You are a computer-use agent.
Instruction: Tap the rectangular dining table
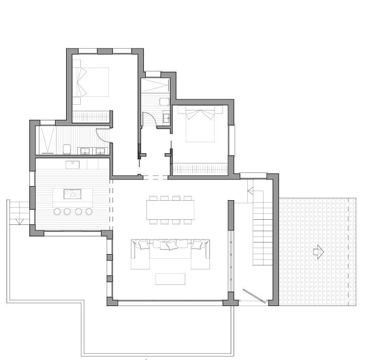(x=170, y=209)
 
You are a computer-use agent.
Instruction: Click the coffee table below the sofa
(x=170, y=279)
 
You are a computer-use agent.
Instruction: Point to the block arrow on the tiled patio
(x=318, y=252)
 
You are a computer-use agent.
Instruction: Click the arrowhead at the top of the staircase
(x=250, y=191)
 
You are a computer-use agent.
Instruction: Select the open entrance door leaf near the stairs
(x=253, y=296)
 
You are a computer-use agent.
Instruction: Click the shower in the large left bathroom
(x=48, y=140)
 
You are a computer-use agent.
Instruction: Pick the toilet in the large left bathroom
(x=67, y=149)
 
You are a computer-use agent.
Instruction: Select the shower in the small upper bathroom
(x=155, y=85)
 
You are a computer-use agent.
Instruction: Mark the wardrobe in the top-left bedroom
(x=91, y=116)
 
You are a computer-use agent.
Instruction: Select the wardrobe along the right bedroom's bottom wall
(x=199, y=169)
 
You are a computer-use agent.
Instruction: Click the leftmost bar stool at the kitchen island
(x=57, y=211)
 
